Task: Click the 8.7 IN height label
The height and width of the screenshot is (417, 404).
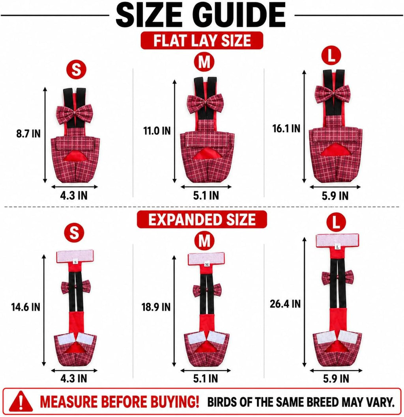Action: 28,133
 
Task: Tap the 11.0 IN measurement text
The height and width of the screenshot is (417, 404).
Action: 157,130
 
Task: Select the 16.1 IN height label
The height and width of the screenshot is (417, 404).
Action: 286,128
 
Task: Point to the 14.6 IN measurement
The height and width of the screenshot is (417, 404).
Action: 26,307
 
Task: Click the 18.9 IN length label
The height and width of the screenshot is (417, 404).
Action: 156,307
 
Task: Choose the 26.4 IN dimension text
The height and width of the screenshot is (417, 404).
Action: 285,304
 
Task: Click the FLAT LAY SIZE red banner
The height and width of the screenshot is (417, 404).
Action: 202,41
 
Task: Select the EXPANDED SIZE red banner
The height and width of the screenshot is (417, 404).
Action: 202,220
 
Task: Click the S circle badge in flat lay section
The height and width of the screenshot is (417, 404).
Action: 76,70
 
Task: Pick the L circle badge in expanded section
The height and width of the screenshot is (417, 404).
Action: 336,222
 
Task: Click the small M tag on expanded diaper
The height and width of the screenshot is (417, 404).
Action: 207,264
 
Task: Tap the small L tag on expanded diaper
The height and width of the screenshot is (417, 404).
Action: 337,248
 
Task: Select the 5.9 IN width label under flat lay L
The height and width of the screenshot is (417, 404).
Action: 335,196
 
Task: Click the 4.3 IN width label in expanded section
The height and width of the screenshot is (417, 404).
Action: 74,378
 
